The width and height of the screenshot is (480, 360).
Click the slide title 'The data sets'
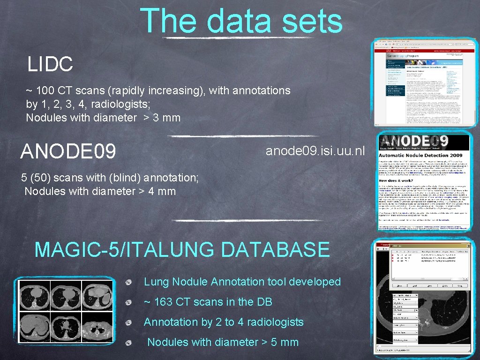click(241, 21)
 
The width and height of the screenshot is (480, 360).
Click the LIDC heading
click(50, 64)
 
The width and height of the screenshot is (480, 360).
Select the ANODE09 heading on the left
click(68, 151)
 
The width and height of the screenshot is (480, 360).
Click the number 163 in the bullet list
click(164, 302)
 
